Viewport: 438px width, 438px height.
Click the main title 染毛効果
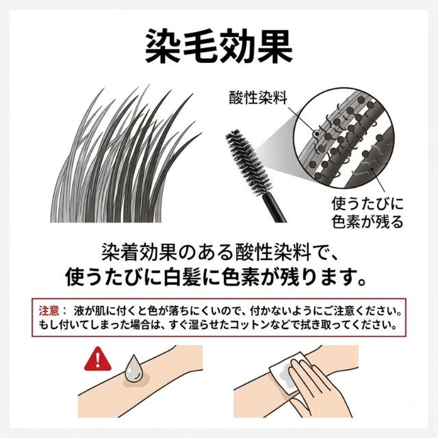pos(219,46)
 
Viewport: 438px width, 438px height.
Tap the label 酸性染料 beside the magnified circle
pos(258,97)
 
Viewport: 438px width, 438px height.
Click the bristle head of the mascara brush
pos(248,162)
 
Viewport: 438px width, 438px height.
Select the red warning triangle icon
pos(98,359)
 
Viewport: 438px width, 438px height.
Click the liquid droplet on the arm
pos(134,368)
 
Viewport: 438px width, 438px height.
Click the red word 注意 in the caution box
pos(49,311)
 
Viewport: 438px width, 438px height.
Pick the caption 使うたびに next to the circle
pos(368,203)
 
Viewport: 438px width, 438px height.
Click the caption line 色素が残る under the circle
pos(368,222)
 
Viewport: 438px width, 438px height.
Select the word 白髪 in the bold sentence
pos(182,277)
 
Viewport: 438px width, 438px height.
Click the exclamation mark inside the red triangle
pos(97,360)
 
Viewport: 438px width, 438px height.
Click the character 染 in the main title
pos(163,46)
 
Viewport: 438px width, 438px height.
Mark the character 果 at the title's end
pos(275,46)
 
